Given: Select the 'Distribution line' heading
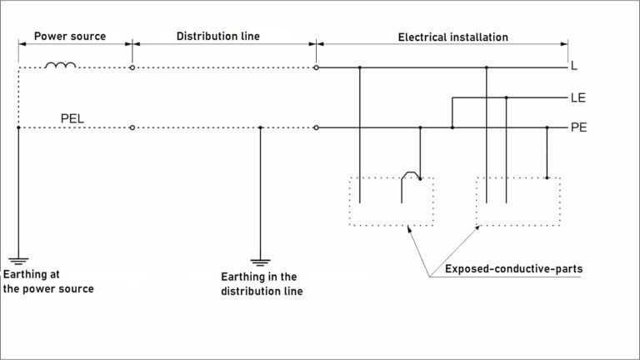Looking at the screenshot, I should [x=218, y=37].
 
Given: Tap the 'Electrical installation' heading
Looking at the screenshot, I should [x=452, y=37].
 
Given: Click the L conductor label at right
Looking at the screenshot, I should [x=574, y=66].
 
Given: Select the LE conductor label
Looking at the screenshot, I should [x=577, y=97].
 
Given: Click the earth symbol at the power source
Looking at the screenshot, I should [x=17, y=259].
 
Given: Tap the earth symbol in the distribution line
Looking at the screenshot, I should [x=261, y=259].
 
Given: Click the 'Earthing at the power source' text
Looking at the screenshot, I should [x=48, y=282].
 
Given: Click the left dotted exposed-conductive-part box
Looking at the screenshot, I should [x=391, y=201].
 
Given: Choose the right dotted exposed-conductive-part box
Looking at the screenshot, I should [x=517, y=201].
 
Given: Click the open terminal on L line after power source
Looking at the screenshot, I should [x=132, y=67].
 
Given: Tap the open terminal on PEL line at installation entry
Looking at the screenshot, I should [x=316, y=127].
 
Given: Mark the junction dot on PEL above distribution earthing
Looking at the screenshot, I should [x=261, y=127].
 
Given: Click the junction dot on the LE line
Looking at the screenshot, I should [x=506, y=97].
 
